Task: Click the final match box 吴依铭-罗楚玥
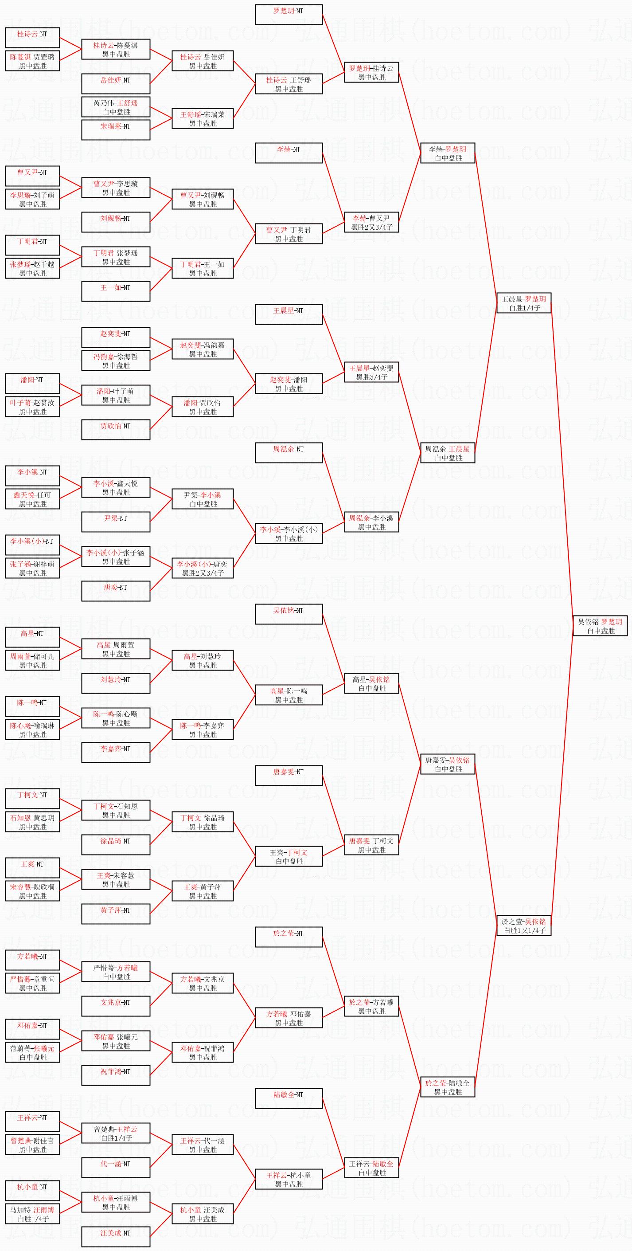[x=601, y=626]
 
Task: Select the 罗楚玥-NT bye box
[x=289, y=15]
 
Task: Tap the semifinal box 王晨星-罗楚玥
[x=524, y=303]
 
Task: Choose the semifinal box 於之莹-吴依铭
[x=524, y=926]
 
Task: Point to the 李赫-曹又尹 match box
[x=371, y=223]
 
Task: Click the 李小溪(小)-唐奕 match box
[x=203, y=568]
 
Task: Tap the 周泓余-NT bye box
[x=289, y=453]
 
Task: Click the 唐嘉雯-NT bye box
[x=289, y=776]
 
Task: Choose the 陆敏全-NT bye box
[x=289, y=1098]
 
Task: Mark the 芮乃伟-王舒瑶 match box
[x=116, y=107]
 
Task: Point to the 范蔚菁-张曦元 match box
[x=32, y=1052]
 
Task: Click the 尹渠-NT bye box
[x=116, y=522]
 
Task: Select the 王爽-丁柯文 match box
[x=289, y=857]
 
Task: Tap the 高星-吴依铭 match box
[x=371, y=684]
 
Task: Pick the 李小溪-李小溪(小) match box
[x=289, y=534]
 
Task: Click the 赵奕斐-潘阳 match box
[x=289, y=384]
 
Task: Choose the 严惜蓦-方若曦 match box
[x=116, y=972]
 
